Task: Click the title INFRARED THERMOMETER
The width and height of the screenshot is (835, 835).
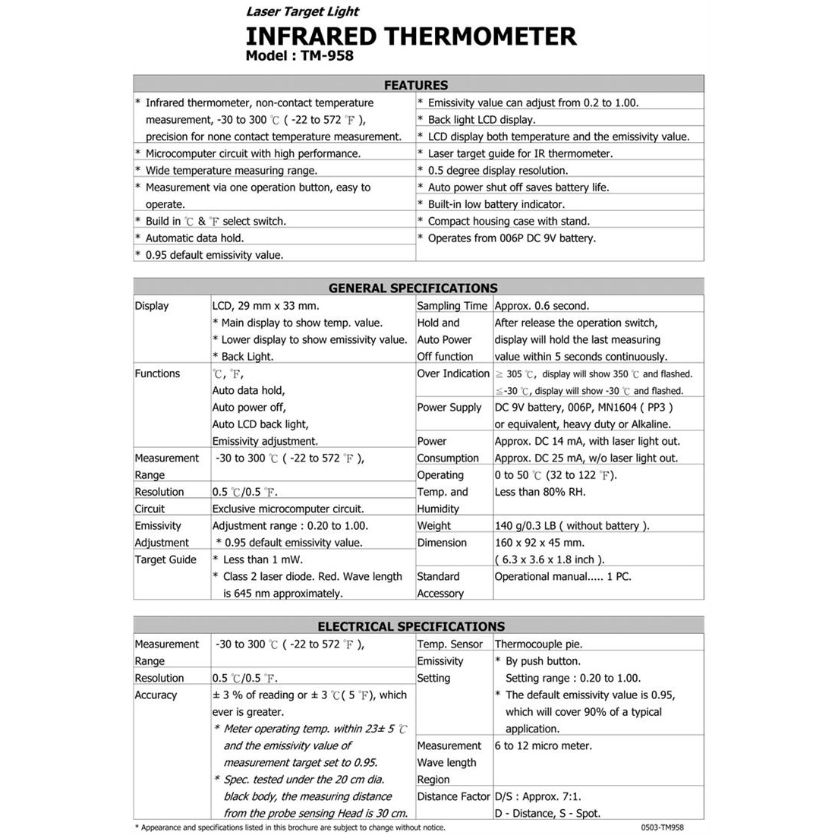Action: tap(411, 36)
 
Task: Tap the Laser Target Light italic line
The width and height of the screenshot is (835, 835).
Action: tap(302, 11)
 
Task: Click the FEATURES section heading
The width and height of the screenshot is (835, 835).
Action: tap(416, 85)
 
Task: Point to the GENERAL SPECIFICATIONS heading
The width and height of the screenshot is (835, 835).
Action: tap(413, 288)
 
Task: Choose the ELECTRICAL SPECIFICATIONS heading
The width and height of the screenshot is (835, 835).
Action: tap(411, 626)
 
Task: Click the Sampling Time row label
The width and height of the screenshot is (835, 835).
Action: tap(452, 306)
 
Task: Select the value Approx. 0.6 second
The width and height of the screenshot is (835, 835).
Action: tap(541, 306)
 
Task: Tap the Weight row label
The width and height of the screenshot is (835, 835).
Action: tap(433, 525)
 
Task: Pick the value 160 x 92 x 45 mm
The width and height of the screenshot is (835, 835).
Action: tap(539, 543)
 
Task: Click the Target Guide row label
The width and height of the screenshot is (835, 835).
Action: tap(165, 559)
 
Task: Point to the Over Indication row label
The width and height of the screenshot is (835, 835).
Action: tap(453, 373)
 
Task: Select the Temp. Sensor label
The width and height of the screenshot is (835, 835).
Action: tap(449, 644)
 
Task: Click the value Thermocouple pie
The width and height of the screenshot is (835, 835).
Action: tap(538, 644)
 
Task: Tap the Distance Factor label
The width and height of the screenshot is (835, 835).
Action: tap(453, 796)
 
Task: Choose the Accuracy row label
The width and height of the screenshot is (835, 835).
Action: tap(156, 695)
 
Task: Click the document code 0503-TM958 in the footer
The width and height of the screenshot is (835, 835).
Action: tap(657, 827)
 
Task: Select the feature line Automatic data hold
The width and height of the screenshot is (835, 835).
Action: tap(194, 238)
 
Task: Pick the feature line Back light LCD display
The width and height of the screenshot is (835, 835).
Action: tap(481, 120)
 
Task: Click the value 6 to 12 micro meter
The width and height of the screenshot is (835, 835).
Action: tap(543, 745)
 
